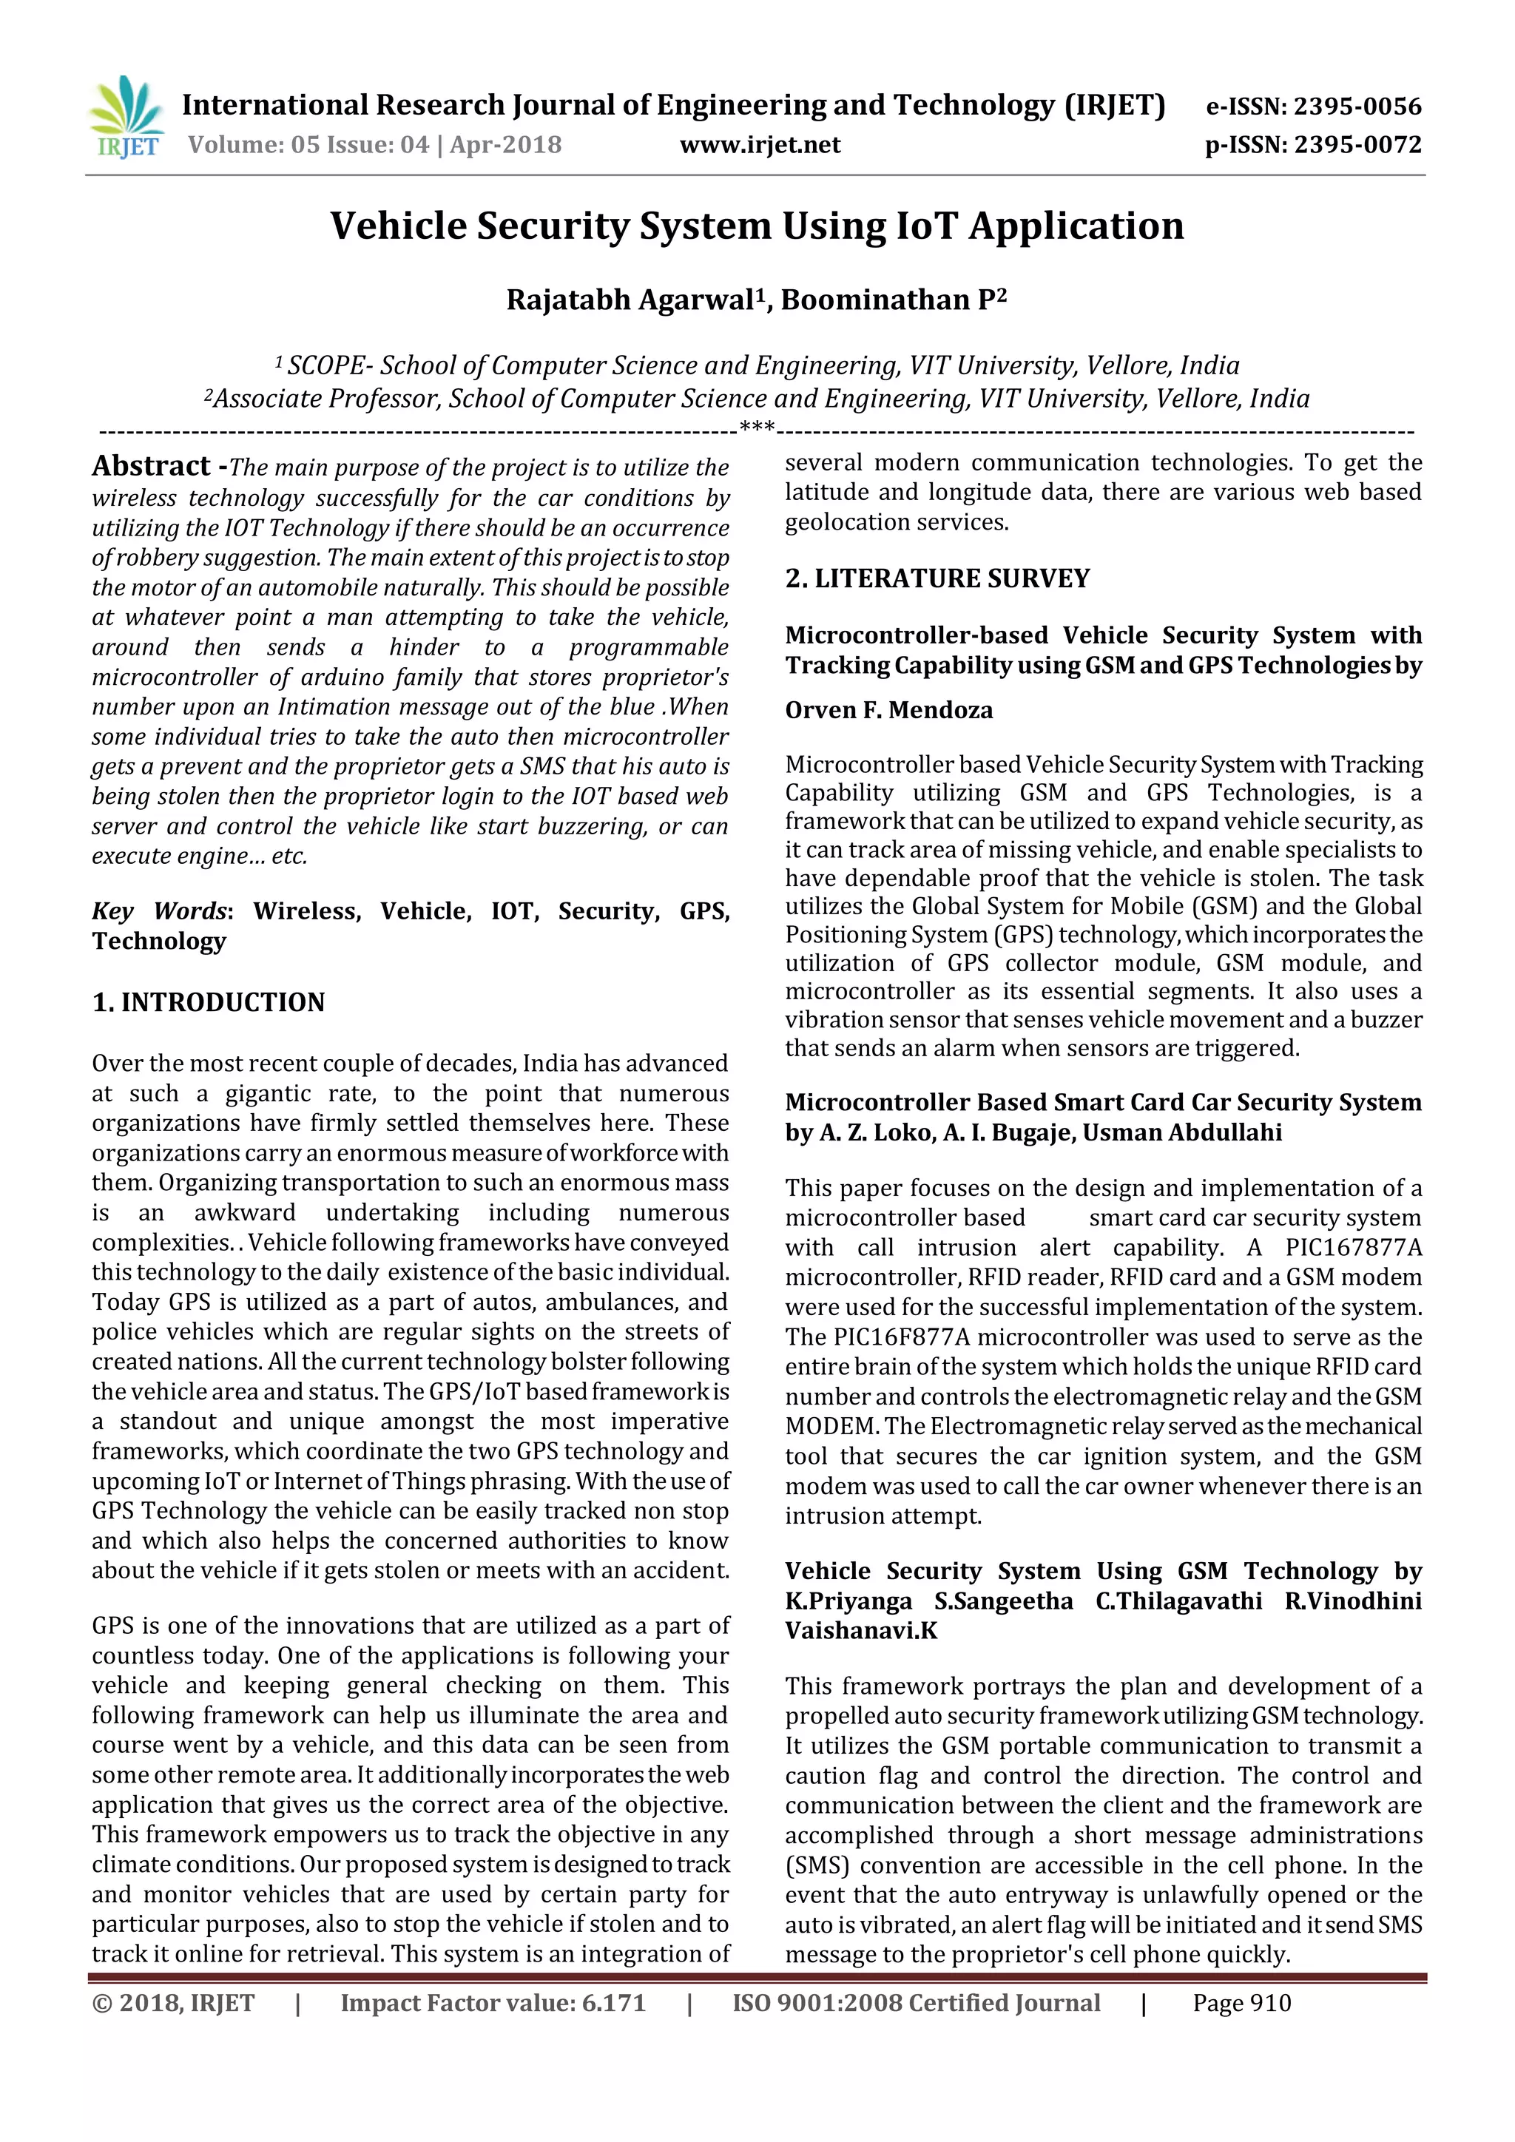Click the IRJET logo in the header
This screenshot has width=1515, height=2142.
point(125,118)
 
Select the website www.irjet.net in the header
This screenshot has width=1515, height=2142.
point(760,145)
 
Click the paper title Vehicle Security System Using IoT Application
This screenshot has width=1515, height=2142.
point(757,226)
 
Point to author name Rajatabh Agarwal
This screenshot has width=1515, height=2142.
point(630,300)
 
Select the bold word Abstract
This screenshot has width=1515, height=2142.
point(151,465)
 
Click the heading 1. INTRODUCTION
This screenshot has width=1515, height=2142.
point(208,1002)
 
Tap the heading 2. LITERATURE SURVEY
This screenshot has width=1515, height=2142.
point(937,578)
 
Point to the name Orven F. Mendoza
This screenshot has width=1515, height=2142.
point(888,710)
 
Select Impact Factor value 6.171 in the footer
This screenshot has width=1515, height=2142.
point(493,2003)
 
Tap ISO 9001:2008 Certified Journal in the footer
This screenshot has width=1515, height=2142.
point(915,2003)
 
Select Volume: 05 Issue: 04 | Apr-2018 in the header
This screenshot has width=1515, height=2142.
point(374,145)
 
